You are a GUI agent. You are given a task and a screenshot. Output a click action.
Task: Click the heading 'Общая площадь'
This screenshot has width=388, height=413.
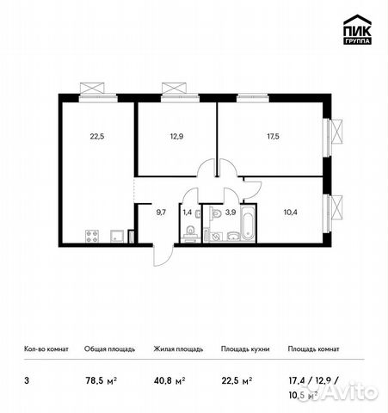108,349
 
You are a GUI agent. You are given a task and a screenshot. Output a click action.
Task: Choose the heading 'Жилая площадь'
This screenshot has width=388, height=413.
178,349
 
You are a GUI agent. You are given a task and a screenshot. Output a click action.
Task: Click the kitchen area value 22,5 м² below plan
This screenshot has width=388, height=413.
236,376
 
